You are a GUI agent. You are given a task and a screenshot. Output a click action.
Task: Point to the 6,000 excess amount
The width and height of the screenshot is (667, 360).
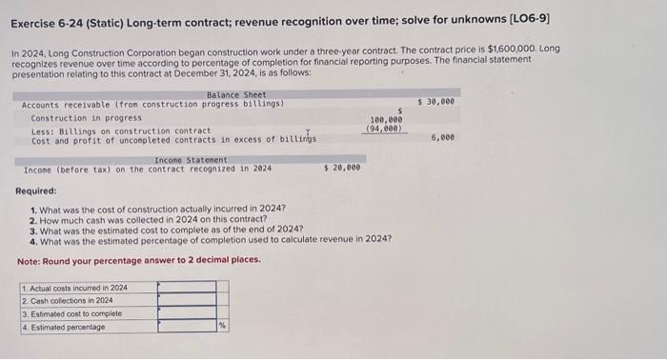point(441,137)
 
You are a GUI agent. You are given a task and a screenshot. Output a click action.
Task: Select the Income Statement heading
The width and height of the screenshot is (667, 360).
point(191,159)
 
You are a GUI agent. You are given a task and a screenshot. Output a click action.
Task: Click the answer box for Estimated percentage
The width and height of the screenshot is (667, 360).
point(186,327)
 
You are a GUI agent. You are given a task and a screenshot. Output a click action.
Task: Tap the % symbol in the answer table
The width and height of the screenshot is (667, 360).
point(223,327)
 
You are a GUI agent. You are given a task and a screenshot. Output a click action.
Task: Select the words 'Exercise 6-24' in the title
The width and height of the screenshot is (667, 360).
point(50,17)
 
